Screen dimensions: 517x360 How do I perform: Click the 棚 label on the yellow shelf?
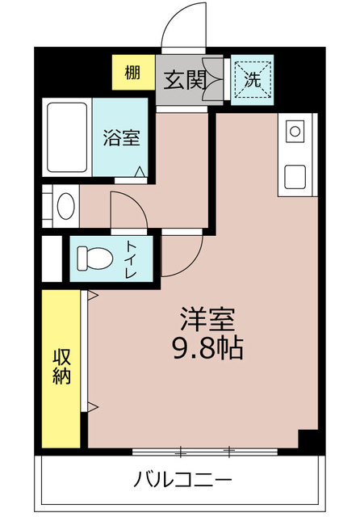pos(132,72)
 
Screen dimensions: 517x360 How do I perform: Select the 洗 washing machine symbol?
pos(253,80)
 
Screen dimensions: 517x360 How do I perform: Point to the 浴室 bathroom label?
pos(121,137)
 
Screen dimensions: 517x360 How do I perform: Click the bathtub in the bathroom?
pos(67,137)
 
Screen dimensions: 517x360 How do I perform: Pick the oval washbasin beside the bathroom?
pos(65,206)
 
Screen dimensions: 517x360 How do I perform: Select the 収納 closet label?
pos(61,366)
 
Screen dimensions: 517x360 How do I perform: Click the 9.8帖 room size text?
pos(207,349)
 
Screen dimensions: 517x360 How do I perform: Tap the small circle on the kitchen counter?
pos(295,131)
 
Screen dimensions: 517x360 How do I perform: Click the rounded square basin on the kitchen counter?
pos(295,174)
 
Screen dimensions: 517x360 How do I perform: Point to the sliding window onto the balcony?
pos(206,449)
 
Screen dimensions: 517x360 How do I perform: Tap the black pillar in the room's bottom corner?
pos(308,440)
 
